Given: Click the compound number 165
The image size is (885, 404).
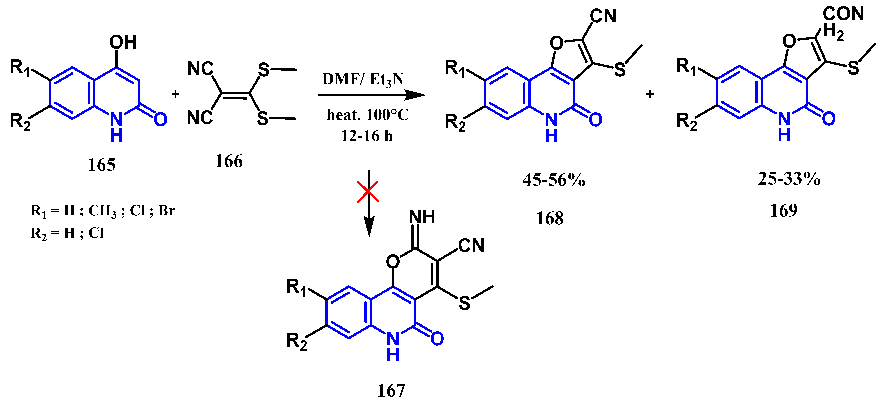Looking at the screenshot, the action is pyautogui.click(x=101, y=165).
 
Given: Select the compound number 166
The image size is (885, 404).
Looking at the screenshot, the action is pyautogui.click(x=228, y=161).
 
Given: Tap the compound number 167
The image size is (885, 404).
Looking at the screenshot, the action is pyautogui.click(x=391, y=391).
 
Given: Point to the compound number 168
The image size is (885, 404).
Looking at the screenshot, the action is pyautogui.click(x=550, y=218).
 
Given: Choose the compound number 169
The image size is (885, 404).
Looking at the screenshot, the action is pyautogui.click(x=783, y=210).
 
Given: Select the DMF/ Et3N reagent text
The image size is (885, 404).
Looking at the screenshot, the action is pyautogui.click(x=363, y=80).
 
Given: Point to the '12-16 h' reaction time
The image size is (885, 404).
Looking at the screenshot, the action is pyautogui.click(x=367, y=136).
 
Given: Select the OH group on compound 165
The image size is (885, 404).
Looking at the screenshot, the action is pyautogui.click(x=123, y=43).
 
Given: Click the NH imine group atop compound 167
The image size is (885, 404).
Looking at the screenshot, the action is pyautogui.click(x=422, y=217).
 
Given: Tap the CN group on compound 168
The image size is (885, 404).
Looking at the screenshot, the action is pyautogui.click(x=603, y=16).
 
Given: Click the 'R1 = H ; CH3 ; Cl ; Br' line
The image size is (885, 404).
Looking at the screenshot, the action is pyautogui.click(x=103, y=211).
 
